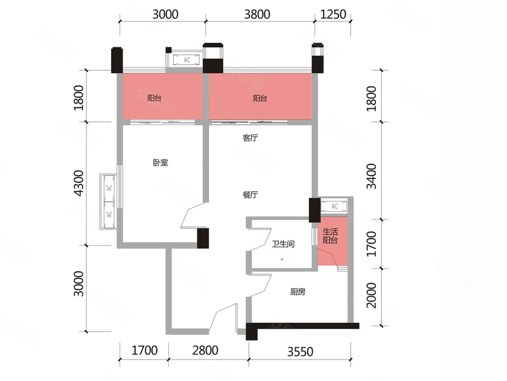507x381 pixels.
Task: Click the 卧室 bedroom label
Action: pyautogui.click(x=161, y=162)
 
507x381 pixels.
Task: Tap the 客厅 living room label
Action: pyautogui.click(x=250, y=138)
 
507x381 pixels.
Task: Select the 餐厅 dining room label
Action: pyautogui.click(x=250, y=195)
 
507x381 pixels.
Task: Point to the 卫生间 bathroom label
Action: pyautogui.click(x=283, y=243)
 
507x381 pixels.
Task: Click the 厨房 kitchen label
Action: pyautogui.click(x=297, y=292)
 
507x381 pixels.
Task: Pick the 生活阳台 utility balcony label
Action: pyautogui.click(x=330, y=236)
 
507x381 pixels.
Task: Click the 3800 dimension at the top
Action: pyautogui.click(x=257, y=14)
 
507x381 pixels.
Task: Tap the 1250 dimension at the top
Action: pyautogui.click(x=333, y=14)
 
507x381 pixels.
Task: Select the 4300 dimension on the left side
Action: pyautogui.click(x=79, y=184)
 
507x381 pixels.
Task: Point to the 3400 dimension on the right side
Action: pyautogui.click(x=371, y=176)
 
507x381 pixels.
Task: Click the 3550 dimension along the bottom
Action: pyautogui.click(x=300, y=351)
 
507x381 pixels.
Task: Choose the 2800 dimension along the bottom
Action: pyautogui.click(x=205, y=350)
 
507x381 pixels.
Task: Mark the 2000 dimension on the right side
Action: pyautogui.click(x=371, y=295)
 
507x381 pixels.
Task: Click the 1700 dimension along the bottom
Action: pyautogui.click(x=145, y=350)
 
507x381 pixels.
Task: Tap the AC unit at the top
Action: pyautogui.click(x=187, y=60)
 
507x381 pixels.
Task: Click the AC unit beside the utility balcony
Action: pyautogui.click(x=334, y=206)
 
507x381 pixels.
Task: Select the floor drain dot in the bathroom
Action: pyautogui.click(x=282, y=259)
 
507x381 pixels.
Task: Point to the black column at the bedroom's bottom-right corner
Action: pyautogui.click(x=203, y=238)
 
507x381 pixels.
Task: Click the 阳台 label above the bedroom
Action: pyautogui.click(x=154, y=98)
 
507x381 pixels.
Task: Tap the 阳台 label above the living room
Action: pyautogui.click(x=260, y=98)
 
